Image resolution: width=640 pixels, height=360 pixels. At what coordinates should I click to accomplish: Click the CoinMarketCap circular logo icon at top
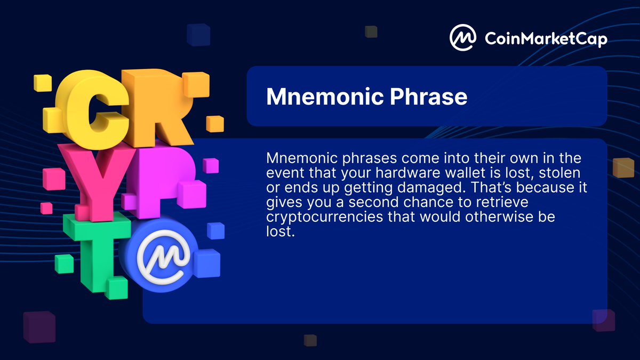pyautogui.click(x=463, y=37)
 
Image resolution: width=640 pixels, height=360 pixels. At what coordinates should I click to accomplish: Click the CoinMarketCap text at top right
pyautogui.click(x=546, y=38)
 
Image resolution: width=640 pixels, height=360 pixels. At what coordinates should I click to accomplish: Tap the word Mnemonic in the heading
pyautogui.click(x=318, y=97)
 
